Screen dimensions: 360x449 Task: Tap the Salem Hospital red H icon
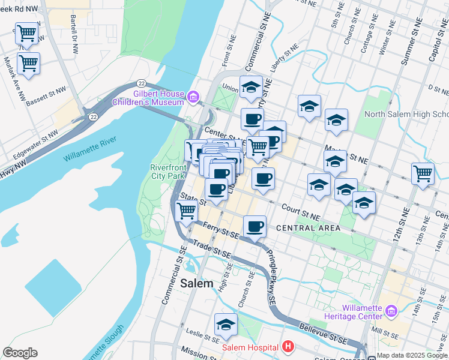tap(289, 347)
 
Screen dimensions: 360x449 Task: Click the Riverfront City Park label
tap(167, 172)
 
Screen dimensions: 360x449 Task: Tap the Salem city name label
tap(196, 283)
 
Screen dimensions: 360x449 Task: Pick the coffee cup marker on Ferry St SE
tap(255, 226)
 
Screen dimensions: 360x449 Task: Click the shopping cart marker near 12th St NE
tap(423, 173)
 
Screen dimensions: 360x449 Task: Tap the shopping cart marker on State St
tap(187, 211)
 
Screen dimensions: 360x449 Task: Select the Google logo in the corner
tap(20, 353)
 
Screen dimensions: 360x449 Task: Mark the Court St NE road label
tap(301, 211)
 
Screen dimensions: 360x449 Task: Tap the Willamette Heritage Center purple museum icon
tap(391, 311)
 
